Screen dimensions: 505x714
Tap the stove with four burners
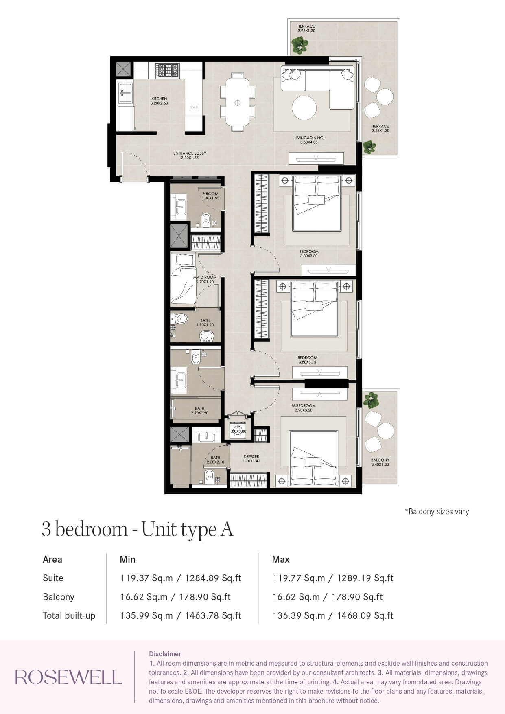click(x=167, y=70)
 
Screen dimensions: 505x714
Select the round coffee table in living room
click(x=304, y=107)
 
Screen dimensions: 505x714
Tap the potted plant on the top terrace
click(x=299, y=45)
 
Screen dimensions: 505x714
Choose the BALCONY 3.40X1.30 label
click(x=380, y=462)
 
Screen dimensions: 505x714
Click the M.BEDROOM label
click(x=304, y=405)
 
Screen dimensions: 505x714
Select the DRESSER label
click(x=251, y=456)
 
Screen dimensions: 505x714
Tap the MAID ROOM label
click(x=205, y=277)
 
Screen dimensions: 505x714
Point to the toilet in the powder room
click(x=205, y=220)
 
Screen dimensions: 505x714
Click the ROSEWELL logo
click(x=68, y=677)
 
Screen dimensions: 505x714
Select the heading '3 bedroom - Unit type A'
click(x=138, y=529)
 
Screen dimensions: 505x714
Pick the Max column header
click(x=281, y=559)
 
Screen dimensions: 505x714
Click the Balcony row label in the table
click(x=59, y=597)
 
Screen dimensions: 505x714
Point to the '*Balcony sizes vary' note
click(x=437, y=511)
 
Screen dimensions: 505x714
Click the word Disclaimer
click(x=165, y=654)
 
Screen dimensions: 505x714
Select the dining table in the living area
click(x=238, y=102)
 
